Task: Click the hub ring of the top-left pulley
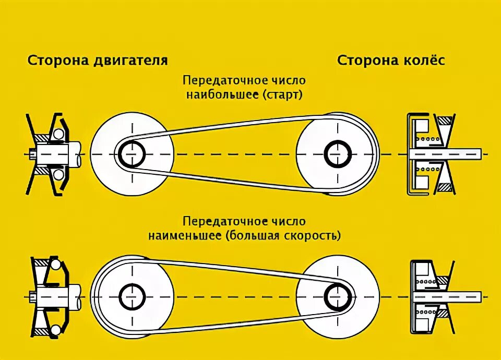click(132, 153)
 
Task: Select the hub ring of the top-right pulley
click(337, 153)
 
